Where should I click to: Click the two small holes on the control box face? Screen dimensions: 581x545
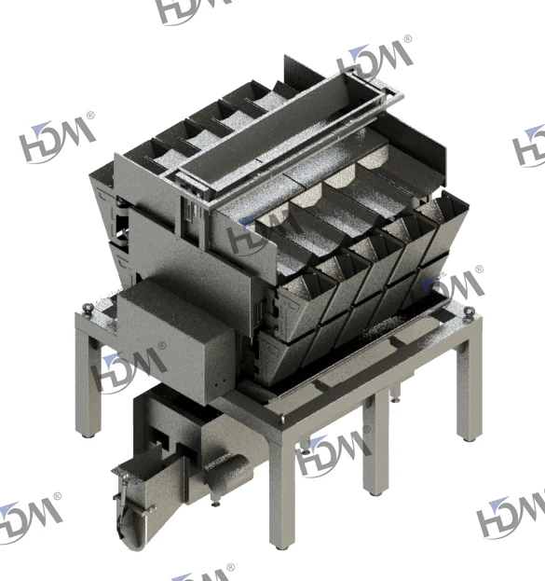point(219,383)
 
